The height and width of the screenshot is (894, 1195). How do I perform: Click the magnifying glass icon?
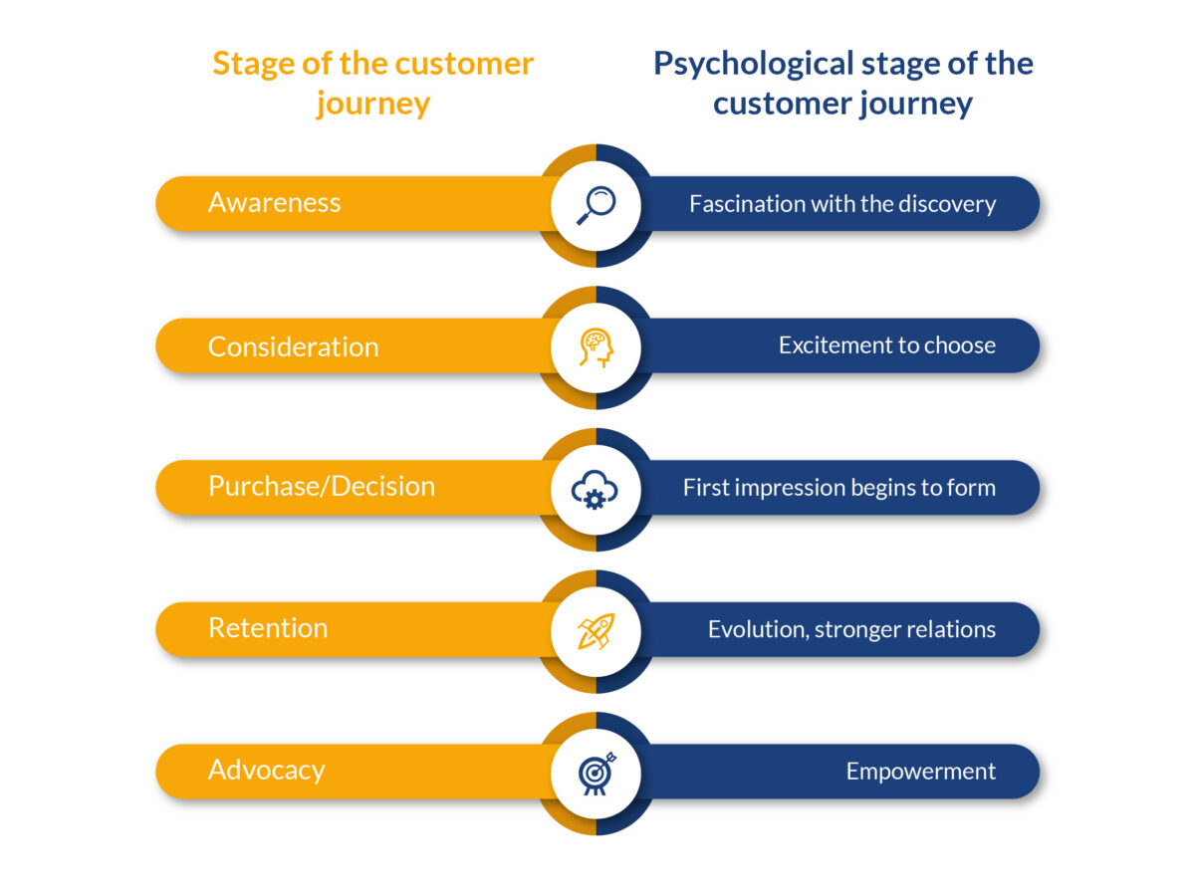(x=596, y=205)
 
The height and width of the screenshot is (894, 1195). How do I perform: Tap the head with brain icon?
(x=596, y=346)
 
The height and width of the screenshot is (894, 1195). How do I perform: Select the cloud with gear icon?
(x=596, y=489)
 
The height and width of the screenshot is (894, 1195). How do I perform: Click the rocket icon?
(x=596, y=630)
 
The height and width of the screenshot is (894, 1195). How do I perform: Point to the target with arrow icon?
(x=596, y=773)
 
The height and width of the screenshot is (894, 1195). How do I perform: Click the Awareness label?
(x=274, y=203)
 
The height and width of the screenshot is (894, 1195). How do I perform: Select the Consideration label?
(x=293, y=346)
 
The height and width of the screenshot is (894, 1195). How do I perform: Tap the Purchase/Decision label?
(x=321, y=487)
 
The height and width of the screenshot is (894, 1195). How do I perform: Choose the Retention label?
(x=267, y=628)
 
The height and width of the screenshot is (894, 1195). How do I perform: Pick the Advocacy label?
(x=266, y=771)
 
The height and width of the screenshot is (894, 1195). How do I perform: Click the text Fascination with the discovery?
(x=841, y=204)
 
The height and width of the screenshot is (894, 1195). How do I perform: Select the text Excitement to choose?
(x=886, y=345)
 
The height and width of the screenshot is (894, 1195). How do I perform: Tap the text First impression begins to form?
(x=838, y=488)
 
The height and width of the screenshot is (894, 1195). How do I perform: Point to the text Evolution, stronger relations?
(x=851, y=629)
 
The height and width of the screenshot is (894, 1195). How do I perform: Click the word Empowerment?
(x=920, y=772)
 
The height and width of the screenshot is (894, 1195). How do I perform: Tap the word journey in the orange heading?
(x=373, y=104)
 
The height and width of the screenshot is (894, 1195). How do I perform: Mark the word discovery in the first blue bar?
(x=946, y=204)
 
